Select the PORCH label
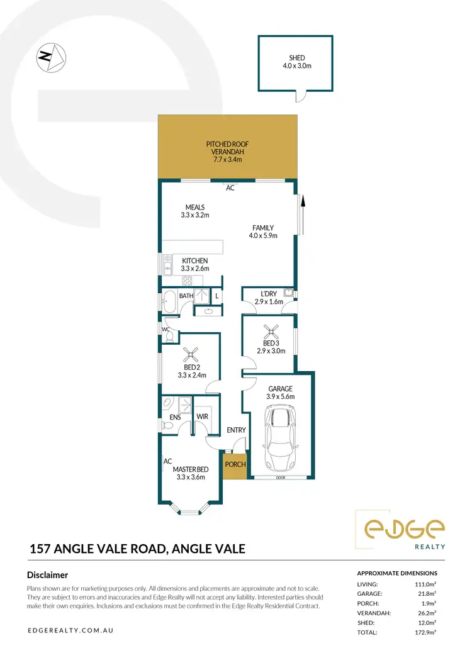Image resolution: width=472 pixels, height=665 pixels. coord(235,464)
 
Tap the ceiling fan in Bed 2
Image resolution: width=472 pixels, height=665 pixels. coord(191,354)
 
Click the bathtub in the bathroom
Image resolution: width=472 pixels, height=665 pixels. coord(169,301)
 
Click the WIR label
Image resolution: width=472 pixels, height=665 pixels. coord(202,416)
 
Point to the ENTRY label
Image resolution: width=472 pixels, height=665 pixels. coord(235,430)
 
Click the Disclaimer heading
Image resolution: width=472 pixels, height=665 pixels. coord(48,574)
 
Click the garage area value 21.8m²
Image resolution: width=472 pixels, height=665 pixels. coord(427,594)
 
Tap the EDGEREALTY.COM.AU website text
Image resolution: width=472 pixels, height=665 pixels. coord(70,630)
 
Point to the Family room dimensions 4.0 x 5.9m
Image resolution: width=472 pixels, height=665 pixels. coord(263,236)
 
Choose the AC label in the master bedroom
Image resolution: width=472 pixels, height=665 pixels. coord(167,461)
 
